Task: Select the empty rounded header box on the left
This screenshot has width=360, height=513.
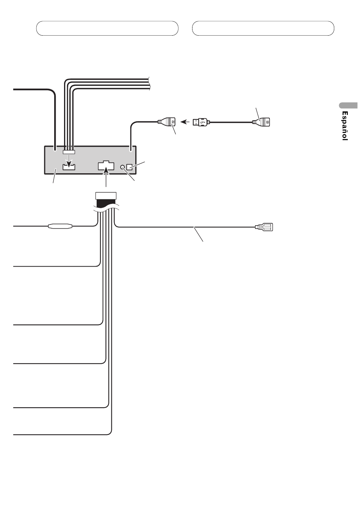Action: click(x=107, y=28)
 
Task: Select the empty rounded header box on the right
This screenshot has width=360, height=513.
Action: click(x=263, y=28)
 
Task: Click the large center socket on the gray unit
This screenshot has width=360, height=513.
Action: click(x=106, y=166)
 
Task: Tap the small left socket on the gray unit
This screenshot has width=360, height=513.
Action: click(x=69, y=167)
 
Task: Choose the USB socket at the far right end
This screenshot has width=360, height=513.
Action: click(x=263, y=122)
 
